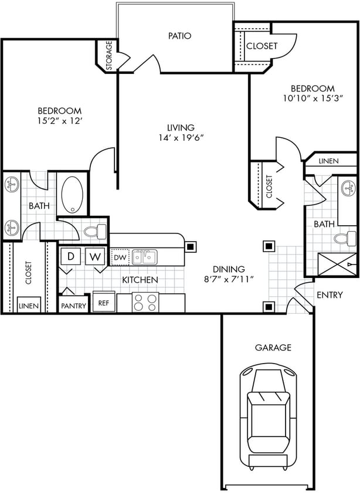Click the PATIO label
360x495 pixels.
click(180, 36)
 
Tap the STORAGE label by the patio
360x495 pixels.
click(108, 55)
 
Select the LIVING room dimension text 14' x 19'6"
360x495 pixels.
click(181, 138)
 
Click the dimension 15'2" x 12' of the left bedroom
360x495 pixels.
click(59, 121)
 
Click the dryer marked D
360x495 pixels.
click(70, 256)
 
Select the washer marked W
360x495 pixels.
click(94, 256)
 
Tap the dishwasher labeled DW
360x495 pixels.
click(119, 257)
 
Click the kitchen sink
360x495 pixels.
click(144, 256)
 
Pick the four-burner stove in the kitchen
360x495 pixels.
click(145, 302)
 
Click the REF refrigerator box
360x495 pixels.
click(103, 304)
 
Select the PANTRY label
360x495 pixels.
click(73, 306)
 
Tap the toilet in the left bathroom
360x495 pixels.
click(94, 231)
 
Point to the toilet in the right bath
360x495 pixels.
click(343, 238)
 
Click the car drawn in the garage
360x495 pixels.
click(269, 415)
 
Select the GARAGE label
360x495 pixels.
click(273, 347)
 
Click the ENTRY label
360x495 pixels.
click(329, 295)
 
